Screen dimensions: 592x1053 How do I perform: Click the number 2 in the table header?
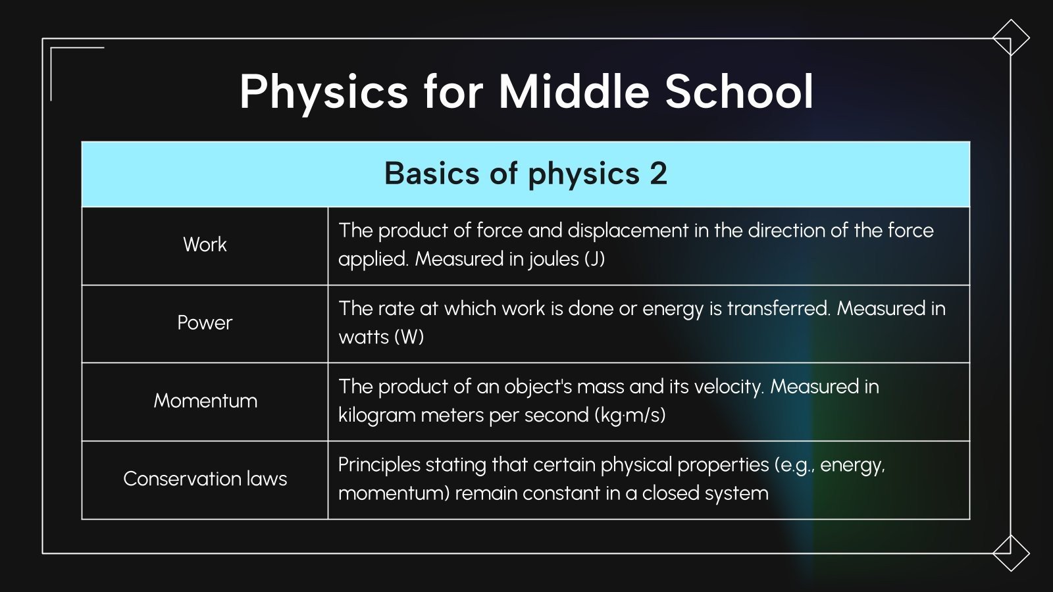tap(658, 174)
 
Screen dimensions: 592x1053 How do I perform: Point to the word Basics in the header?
tap(432, 174)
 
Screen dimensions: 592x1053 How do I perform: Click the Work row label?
tap(205, 245)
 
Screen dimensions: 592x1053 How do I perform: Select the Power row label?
tap(205, 323)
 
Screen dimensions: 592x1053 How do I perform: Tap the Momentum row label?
tap(205, 401)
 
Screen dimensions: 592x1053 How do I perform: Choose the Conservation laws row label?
tap(205, 479)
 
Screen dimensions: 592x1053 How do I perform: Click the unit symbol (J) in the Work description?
tap(594, 259)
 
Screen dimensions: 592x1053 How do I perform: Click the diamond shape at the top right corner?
tap(1011, 37)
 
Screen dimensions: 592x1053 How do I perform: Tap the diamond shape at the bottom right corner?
tap(1011, 553)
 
